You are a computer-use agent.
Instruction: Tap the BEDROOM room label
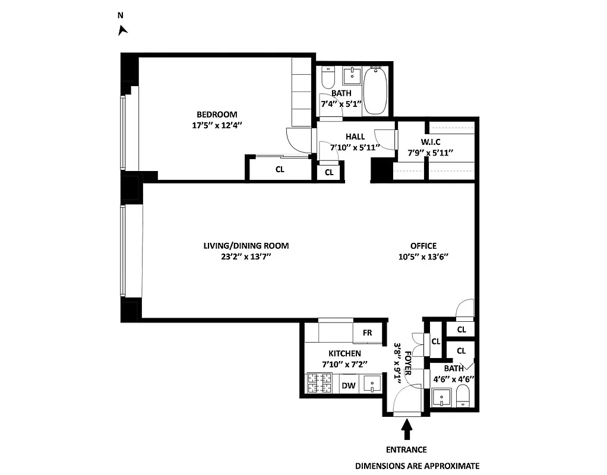217,115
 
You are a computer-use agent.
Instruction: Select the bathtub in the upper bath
375,91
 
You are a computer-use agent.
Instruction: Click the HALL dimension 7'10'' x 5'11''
355,147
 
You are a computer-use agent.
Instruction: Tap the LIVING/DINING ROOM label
246,246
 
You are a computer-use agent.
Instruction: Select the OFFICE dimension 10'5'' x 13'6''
423,256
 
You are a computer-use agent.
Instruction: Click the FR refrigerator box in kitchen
367,333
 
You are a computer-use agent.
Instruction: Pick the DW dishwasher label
349,385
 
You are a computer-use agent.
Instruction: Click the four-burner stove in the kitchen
320,384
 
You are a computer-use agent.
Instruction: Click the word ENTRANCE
406,449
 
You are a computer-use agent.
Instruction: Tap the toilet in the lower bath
463,396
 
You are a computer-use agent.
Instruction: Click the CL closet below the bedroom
279,168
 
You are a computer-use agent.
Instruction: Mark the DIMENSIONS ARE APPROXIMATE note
417,466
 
